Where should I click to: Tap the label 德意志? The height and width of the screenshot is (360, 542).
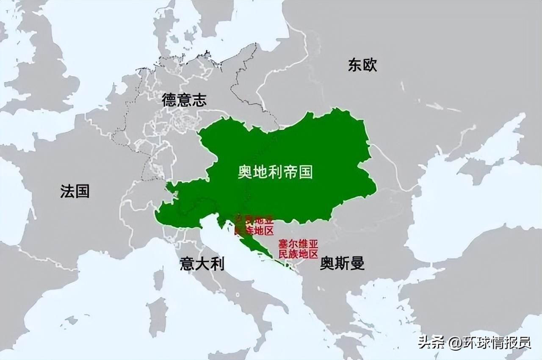pyautogui.click(x=184, y=100)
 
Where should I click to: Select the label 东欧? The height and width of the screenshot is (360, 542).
pyautogui.click(x=362, y=65)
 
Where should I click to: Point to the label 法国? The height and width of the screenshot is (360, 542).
pyautogui.click(x=75, y=191)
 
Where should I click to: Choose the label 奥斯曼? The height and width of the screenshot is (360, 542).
pyautogui.click(x=342, y=263)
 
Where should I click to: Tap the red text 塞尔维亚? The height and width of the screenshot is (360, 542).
pyautogui.click(x=298, y=244)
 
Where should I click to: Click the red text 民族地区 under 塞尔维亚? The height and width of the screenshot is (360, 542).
pyautogui.click(x=298, y=254)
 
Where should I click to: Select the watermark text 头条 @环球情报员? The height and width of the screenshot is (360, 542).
pyautogui.click(x=474, y=342)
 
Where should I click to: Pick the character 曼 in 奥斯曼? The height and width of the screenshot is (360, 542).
pyautogui.click(x=357, y=263)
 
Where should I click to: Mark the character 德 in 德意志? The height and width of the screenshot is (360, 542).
pyautogui.click(x=169, y=100)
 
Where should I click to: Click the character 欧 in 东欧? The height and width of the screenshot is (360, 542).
pyautogui.click(x=370, y=65)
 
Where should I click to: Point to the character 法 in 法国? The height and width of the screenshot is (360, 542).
pyautogui.click(x=67, y=191)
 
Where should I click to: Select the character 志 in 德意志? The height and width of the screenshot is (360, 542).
pyautogui.click(x=199, y=100)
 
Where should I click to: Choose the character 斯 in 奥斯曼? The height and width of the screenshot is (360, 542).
pyautogui.click(x=342, y=263)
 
